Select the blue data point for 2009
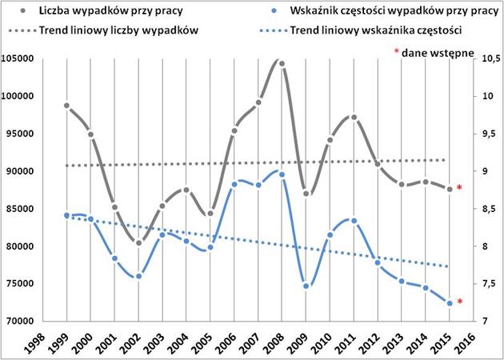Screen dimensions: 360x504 (x=306, y=286)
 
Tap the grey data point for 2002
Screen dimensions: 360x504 (x=138, y=243)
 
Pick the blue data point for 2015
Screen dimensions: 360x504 (x=450, y=303)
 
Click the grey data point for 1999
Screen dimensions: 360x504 (x=66, y=106)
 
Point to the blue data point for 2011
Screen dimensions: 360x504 (x=354, y=221)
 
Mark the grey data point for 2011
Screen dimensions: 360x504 (x=354, y=118)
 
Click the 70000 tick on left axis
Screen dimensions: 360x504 (x=26, y=321)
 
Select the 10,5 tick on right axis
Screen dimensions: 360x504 (x=490, y=58)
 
